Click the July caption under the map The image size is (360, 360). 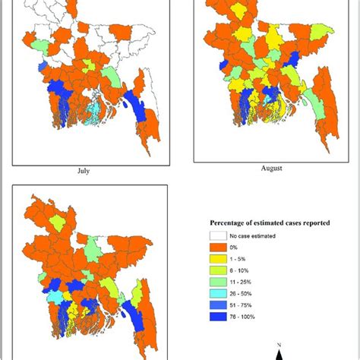coord(84,170)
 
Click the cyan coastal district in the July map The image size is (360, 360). coord(92,110)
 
